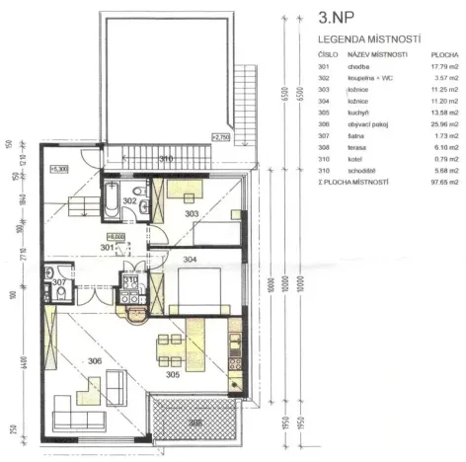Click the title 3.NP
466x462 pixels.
pos(340,17)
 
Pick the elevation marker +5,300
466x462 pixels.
pos(57,169)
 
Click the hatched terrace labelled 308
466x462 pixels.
pos(193,422)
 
